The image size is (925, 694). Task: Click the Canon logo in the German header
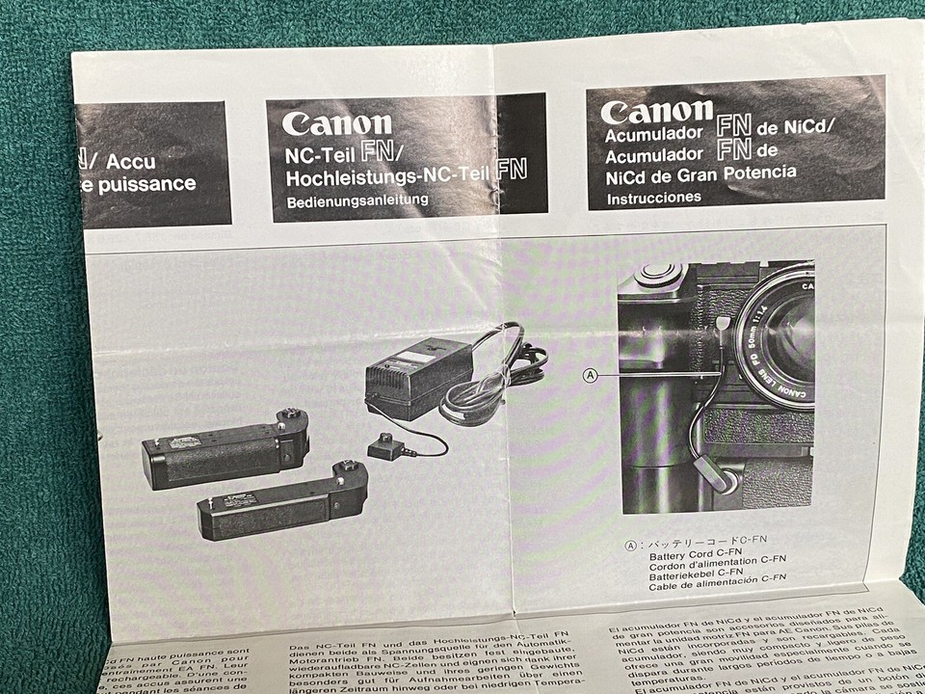(x=336, y=123)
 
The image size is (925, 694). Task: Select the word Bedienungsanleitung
(x=357, y=201)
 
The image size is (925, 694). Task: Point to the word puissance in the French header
(x=145, y=184)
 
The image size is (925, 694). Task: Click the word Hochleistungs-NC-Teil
(x=389, y=177)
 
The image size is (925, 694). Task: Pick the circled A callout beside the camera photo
(x=592, y=375)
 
